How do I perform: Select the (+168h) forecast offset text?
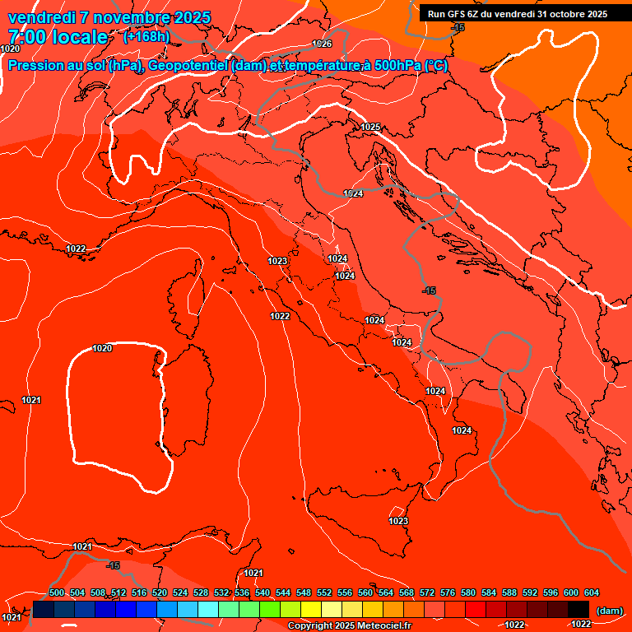[x=147, y=36]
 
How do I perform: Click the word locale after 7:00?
[x=78, y=37]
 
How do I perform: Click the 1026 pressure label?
[x=322, y=44]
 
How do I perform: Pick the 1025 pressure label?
[x=370, y=127]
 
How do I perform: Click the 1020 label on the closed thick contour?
[x=102, y=348]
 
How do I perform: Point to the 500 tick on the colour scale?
[x=57, y=592]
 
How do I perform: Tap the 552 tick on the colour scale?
[x=324, y=592]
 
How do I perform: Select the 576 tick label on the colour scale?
[x=448, y=592]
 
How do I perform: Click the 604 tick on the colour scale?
[x=592, y=592]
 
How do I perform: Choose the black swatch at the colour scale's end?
[x=579, y=609]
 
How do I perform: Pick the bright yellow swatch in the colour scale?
[x=310, y=609]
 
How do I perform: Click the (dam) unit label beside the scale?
[x=609, y=610]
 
